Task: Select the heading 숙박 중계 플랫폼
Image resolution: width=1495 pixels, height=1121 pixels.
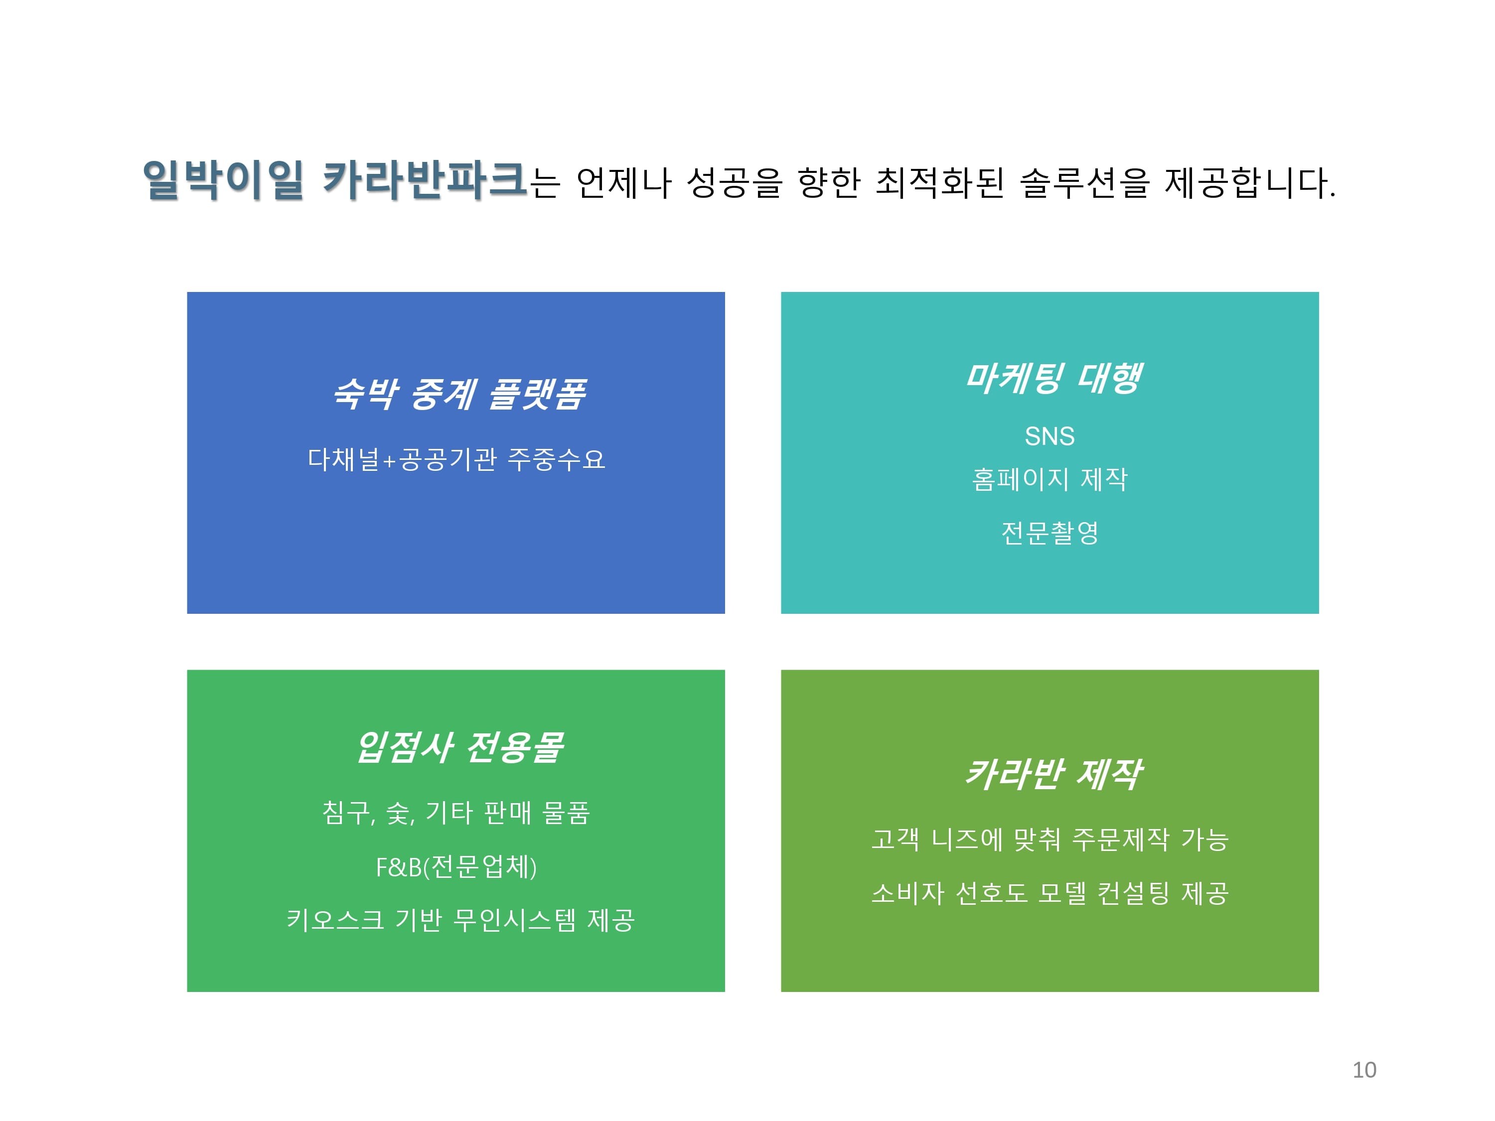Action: (459, 394)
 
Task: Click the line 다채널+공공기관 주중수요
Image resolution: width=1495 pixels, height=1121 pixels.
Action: (456, 459)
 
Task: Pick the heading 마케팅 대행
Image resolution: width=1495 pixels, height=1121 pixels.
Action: (1052, 378)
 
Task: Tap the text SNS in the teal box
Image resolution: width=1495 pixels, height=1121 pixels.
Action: (1049, 436)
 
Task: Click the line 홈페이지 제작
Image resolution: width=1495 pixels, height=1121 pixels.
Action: (1049, 480)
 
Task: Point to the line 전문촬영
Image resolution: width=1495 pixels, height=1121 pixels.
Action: (1049, 533)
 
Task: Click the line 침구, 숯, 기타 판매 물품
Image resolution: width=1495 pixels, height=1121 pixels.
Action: (456, 813)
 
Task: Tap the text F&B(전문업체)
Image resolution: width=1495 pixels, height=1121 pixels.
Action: (456, 867)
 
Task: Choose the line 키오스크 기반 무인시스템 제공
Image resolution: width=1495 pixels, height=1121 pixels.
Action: (460, 920)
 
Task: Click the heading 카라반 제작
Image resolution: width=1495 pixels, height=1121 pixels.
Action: (1052, 774)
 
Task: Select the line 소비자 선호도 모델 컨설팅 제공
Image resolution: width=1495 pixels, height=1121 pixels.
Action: (1049, 893)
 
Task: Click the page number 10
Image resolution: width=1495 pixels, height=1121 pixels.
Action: (1364, 1070)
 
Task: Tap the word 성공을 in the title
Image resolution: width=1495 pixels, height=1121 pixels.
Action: (734, 182)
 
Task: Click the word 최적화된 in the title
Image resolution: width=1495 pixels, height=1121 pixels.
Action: (939, 182)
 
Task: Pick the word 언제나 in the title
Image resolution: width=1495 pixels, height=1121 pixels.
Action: (623, 182)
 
